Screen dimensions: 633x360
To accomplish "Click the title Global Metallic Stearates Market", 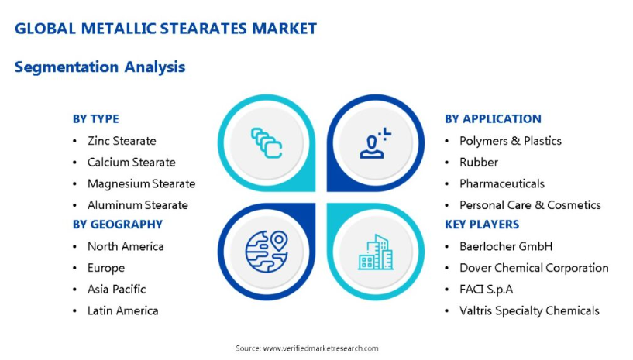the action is click(166, 29).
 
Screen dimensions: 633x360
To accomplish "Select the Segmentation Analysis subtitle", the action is click(100, 67).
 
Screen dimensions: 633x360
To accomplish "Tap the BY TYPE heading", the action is click(95, 119).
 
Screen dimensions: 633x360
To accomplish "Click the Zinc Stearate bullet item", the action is click(122, 141).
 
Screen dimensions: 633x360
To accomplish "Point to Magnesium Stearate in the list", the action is click(141, 183).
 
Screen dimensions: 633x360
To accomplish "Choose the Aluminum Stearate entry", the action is click(138, 205).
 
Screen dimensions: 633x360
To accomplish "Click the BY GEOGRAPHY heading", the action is click(118, 225).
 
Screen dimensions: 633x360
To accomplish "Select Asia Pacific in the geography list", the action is click(117, 290).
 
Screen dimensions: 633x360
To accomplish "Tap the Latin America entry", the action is click(122, 310).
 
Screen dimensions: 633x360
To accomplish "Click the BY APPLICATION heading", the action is click(493, 119).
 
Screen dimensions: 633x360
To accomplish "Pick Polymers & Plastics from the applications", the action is click(511, 141).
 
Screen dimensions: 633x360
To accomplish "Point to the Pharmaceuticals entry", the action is click(502, 183).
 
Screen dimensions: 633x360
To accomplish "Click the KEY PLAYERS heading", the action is click(482, 225).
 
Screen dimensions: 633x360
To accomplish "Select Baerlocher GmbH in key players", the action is click(506, 246).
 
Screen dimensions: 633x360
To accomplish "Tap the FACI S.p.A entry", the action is click(486, 290).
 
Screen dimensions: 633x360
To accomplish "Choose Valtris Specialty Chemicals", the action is click(529, 310).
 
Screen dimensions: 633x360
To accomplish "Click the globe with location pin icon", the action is click(267, 252).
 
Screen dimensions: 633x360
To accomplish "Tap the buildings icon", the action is click(376, 252).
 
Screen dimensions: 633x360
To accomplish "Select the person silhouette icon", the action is click(376, 143).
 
